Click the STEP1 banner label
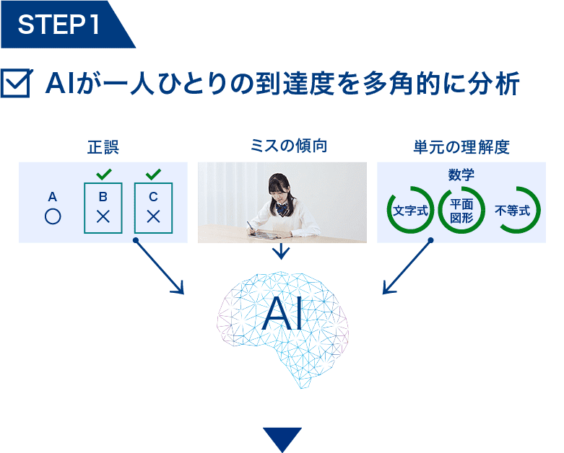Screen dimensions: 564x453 click(x=58, y=25)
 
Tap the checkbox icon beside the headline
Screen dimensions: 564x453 click(x=16, y=83)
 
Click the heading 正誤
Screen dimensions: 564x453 click(x=103, y=147)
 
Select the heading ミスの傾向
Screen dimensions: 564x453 click(x=289, y=146)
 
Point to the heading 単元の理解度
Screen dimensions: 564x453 click(x=461, y=147)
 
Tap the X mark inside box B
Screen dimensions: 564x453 click(x=103, y=216)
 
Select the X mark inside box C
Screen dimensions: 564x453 click(x=153, y=216)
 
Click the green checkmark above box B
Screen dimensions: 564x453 click(x=104, y=175)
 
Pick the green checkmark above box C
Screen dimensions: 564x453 click(x=154, y=175)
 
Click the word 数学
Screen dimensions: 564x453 click(x=461, y=175)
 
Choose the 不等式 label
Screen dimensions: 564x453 click(x=512, y=211)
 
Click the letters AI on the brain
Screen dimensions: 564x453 click(x=282, y=314)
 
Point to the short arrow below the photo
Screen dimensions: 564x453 click(x=282, y=251)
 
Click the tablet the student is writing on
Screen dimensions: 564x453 click(x=265, y=235)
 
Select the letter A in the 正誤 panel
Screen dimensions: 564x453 click(x=53, y=197)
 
